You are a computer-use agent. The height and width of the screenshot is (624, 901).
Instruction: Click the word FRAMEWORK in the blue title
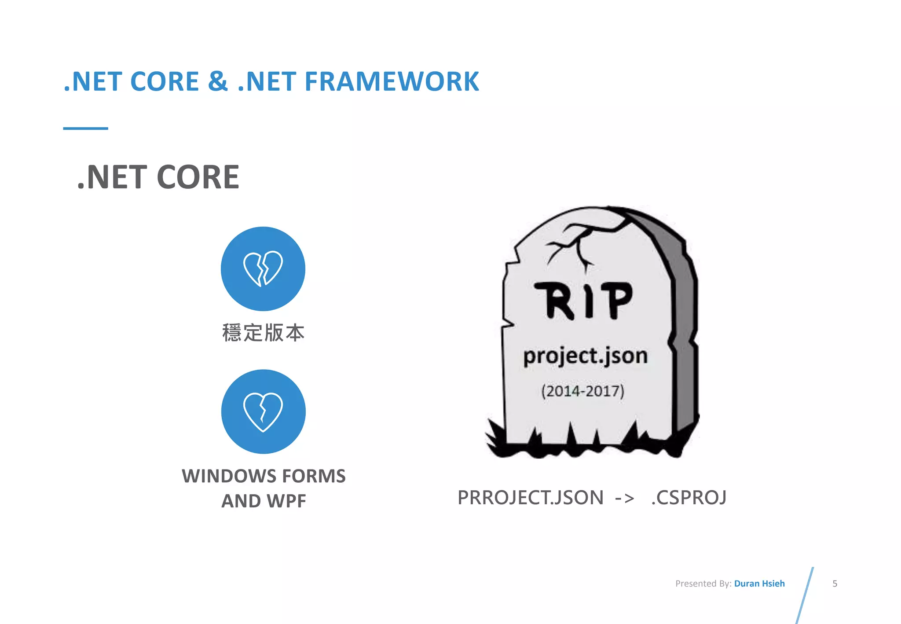(392, 82)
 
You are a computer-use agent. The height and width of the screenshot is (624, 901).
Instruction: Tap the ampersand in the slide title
(218, 82)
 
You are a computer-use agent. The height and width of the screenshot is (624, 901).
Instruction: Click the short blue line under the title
(85, 128)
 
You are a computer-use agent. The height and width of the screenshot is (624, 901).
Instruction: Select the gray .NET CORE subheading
(158, 177)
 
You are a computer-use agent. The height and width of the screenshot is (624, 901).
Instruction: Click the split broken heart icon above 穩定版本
(263, 268)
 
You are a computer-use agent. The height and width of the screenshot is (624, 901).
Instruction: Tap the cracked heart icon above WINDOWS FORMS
(263, 411)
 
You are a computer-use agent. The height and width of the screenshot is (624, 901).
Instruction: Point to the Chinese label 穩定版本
(263, 333)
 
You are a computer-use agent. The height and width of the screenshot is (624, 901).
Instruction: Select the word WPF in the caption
(286, 501)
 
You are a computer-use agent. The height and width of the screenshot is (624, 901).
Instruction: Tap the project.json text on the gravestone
(585, 356)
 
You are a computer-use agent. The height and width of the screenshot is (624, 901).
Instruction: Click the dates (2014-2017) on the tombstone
(582, 391)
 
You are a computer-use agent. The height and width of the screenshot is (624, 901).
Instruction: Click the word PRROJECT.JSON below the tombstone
(530, 498)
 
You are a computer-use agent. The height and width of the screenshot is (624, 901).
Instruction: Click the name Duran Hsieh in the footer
(759, 584)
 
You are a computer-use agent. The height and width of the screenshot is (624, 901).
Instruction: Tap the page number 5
(835, 584)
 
